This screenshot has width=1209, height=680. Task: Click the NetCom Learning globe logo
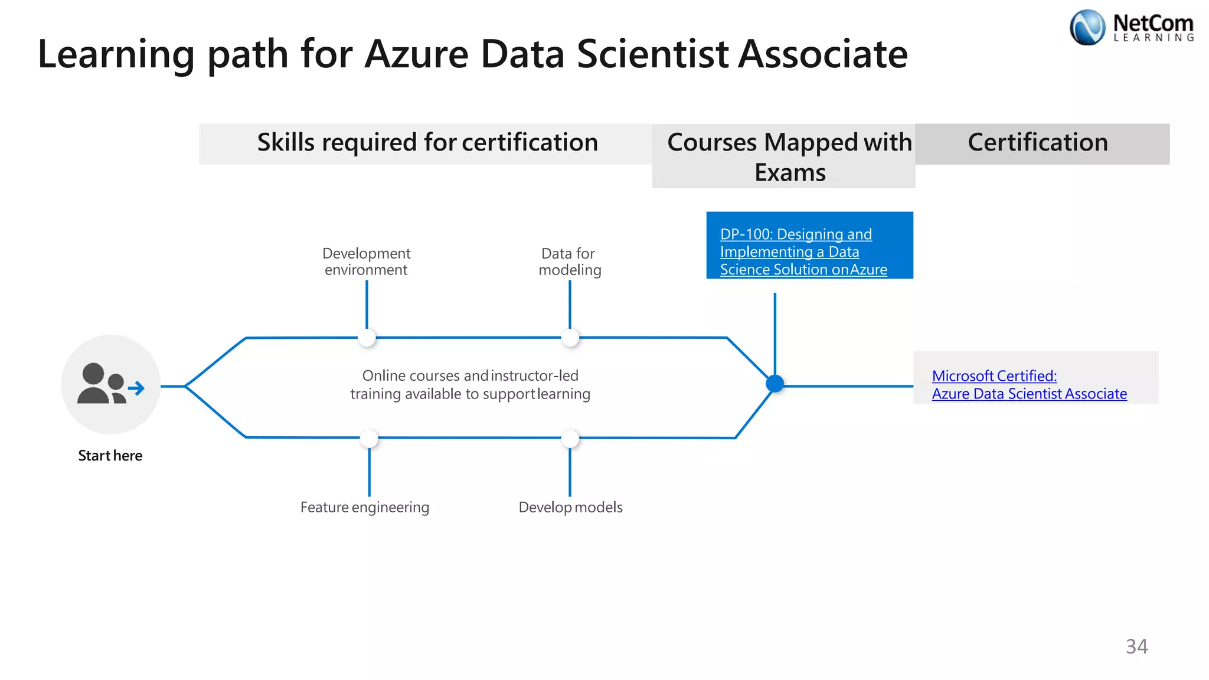coord(1087,27)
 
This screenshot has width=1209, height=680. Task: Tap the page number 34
coord(1136,646)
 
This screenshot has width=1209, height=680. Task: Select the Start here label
coord(110,456)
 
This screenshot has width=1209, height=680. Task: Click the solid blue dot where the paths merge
coord(775,384)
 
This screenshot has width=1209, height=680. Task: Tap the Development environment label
coord(366,261)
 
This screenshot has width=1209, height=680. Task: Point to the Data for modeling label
coord(569,261)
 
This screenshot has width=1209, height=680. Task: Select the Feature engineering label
coord(364,507)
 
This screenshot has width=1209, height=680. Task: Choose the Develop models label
coord(570,507)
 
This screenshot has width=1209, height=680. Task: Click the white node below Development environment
coord(367,338)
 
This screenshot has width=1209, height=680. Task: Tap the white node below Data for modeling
coord(570,338)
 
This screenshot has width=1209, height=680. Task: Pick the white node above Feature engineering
coord(369,438)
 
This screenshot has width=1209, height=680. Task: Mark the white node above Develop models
coord(570,438)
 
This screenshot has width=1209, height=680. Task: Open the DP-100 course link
coord(803,252)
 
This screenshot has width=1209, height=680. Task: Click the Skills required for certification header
coord(427,143)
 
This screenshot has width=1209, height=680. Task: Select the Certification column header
coord(1038,143)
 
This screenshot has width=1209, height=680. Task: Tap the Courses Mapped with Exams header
coord(789,157)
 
